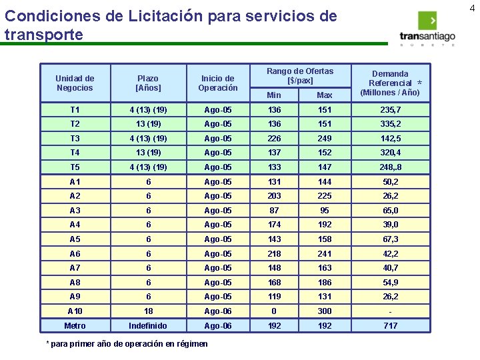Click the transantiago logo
point(427,30)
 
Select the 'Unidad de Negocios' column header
point(75,83)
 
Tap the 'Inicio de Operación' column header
point(218,83)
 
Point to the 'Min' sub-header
point(274,95)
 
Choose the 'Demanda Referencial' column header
point(391,83)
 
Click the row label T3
point(75,138)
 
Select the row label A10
point(75,311)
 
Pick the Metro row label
point(75,325)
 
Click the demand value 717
point(391,325)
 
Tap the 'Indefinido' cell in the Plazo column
point(148,325)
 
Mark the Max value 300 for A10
point(325,311)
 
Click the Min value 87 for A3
point(274,210)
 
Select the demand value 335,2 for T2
point(391,124)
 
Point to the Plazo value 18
point(148,311)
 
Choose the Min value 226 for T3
point(274,138)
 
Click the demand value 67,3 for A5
point(391,239)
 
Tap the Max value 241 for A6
point(325,253)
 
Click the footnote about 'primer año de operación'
point(126,344)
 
